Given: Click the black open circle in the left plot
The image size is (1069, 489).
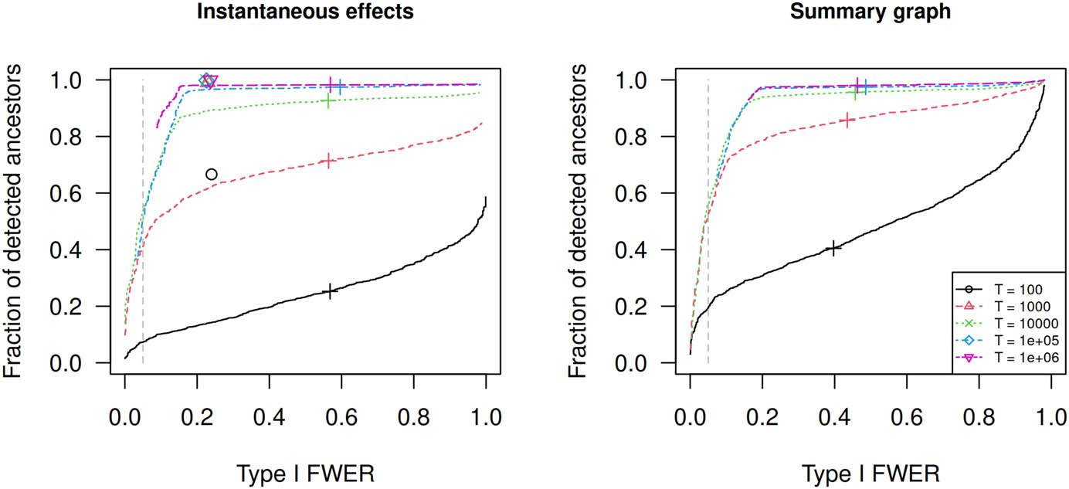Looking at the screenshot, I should point(211,175).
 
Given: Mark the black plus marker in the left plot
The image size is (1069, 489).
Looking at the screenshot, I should point(331,291).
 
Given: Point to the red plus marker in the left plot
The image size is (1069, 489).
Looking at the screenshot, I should point(329,161).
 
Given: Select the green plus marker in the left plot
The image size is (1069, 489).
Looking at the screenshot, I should point(328,101).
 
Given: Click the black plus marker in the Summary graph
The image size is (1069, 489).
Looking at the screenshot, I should point(833,248).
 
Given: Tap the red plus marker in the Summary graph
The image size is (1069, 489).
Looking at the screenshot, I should point(847,120).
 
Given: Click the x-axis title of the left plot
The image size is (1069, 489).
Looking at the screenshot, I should point(305,470).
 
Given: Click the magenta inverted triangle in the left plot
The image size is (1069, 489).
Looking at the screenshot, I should point(211,81).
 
